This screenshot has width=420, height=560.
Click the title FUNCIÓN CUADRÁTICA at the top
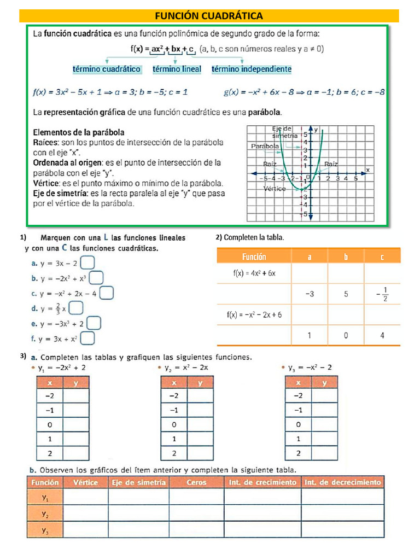pos(209,15)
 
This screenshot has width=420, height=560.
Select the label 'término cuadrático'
pos(107,69)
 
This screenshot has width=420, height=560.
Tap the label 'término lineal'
pos(177,69)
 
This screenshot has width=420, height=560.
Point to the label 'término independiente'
pos(251,69)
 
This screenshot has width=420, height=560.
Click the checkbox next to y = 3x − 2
pos(87,264)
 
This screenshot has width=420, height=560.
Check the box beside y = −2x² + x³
pos(96,278)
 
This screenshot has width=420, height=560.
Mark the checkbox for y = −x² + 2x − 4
pos(107,294)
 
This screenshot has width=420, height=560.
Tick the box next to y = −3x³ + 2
pos(94,324)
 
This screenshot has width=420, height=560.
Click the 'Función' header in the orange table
pos(254,256)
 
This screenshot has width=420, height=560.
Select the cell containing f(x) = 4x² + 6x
pos(254,273)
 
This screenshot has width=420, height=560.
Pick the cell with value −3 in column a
pos(309,294)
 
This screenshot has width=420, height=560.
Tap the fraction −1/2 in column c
pos(382,294)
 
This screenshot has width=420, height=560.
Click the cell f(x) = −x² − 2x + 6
pos(254,315)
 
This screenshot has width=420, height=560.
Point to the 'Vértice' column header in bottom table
pos(85,482)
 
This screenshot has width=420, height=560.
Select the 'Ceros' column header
pos(196,482)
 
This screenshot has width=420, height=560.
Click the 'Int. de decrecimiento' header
pos(342,482)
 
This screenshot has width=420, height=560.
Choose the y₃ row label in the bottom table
pos(45,529)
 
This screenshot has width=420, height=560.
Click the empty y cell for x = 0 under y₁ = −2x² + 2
pos(76,424)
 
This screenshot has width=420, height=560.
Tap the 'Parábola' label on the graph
pos(265,147)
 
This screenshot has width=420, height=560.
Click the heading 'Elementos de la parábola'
pos(79,132)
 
